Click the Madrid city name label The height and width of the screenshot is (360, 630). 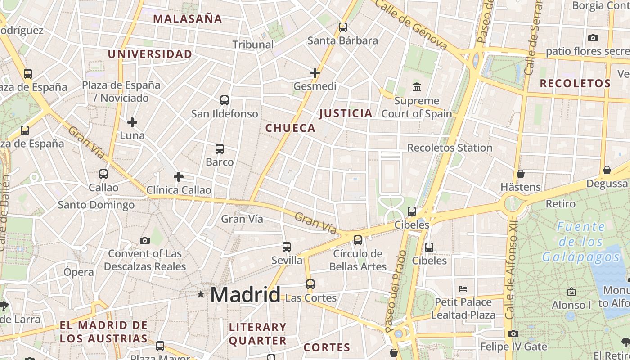coord(245,295)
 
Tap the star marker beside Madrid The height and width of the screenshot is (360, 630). coord(201,294)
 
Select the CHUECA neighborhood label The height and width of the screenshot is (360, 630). coord(290,128)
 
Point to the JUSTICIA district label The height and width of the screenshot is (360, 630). coord(346,113)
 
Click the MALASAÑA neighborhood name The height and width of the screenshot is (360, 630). coord(188,19)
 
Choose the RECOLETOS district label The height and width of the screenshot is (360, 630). coord(575,84)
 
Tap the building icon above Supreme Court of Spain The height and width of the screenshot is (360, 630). coord(417,87)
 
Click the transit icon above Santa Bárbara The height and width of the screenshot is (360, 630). coord(343,27)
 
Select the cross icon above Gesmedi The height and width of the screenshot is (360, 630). coord(315,72)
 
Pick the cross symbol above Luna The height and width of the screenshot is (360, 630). coord(132,122)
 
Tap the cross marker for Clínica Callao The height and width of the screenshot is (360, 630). coord(179,177)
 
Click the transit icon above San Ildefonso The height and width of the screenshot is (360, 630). coord(225,100)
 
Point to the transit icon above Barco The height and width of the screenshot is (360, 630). coord(220,149)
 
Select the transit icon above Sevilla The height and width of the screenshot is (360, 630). coord(287,247)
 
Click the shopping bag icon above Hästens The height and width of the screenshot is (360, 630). coord(521,174)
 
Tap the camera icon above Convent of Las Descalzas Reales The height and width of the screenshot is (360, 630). coord(144,240)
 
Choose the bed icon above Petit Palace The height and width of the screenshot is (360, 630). coord(463,288)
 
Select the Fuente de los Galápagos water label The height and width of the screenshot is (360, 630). coord(580,242)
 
